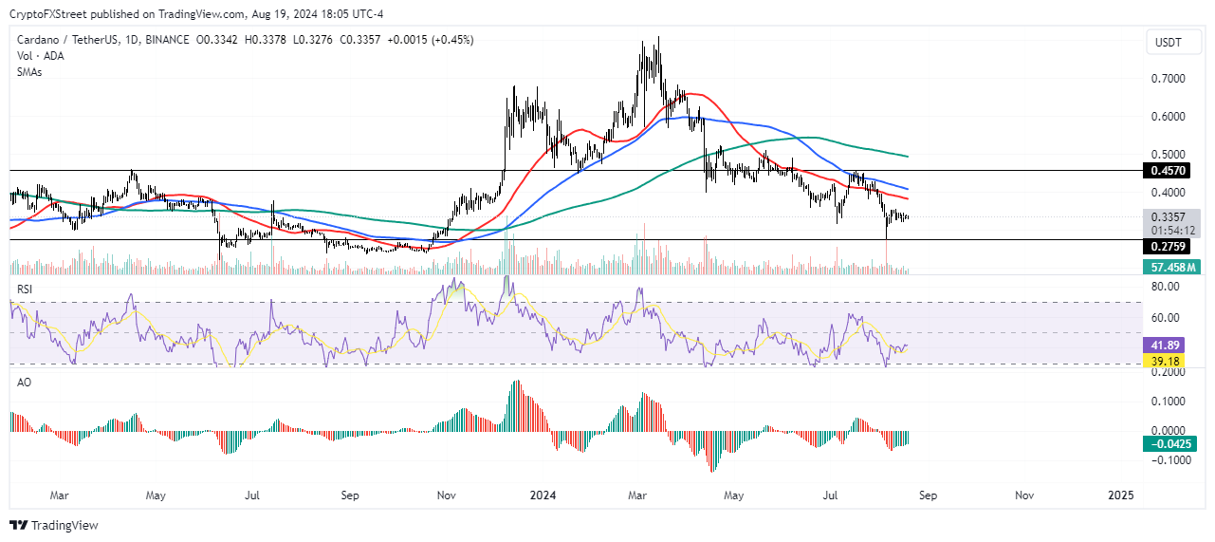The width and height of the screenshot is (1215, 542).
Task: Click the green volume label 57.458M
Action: pos(1171,268)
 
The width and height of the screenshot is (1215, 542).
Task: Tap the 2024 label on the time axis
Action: pos(543,495)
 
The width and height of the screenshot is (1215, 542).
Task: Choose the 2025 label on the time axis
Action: pos(1121,495)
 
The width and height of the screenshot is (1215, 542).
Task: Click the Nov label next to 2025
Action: pos(1024,495)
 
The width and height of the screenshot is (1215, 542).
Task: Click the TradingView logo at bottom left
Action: pos(54,525)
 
